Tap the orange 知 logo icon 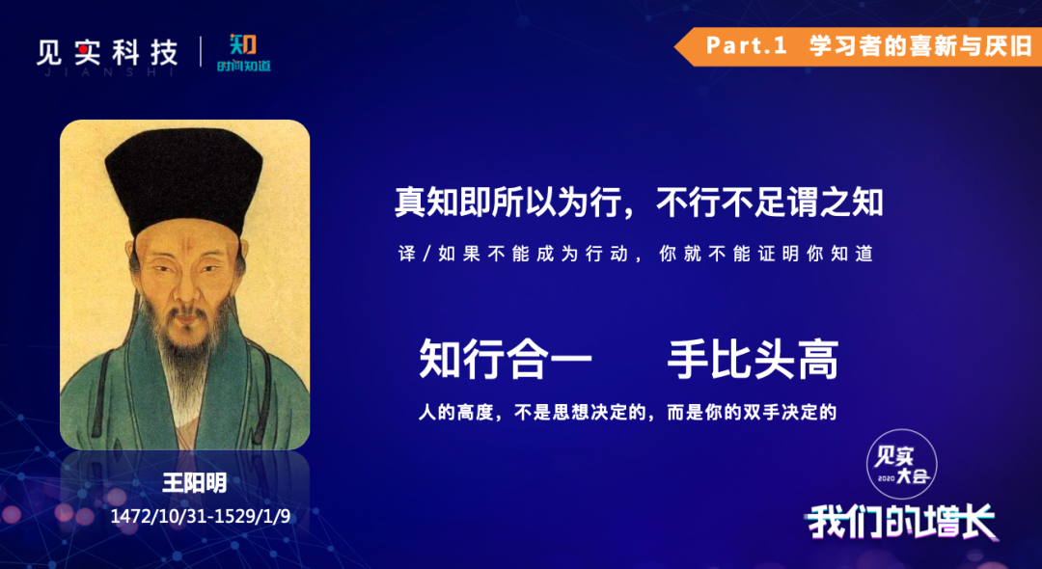[243, 45]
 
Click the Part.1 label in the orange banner [746, 46]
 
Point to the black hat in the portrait [184, 179]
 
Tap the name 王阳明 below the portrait [195, 483]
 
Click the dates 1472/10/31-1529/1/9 [200, 517]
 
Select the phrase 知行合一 [505, 359]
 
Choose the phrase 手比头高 [753, 359]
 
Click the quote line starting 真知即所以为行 [639, 202]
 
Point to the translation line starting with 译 [635, 254]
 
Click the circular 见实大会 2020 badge [902, 464]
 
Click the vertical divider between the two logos [202, 52]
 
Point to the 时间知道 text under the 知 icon [244, 66]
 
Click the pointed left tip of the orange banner [674, 46]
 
